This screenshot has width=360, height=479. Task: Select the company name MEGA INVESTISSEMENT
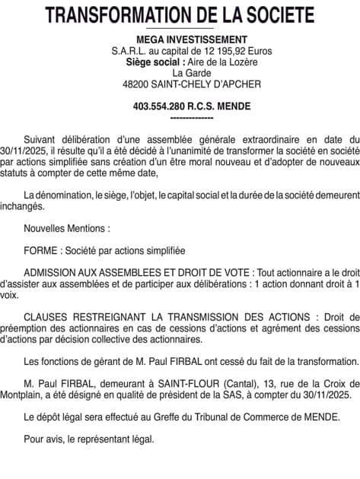tap(180, 40)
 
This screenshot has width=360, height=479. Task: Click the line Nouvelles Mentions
tap(67, 227)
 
